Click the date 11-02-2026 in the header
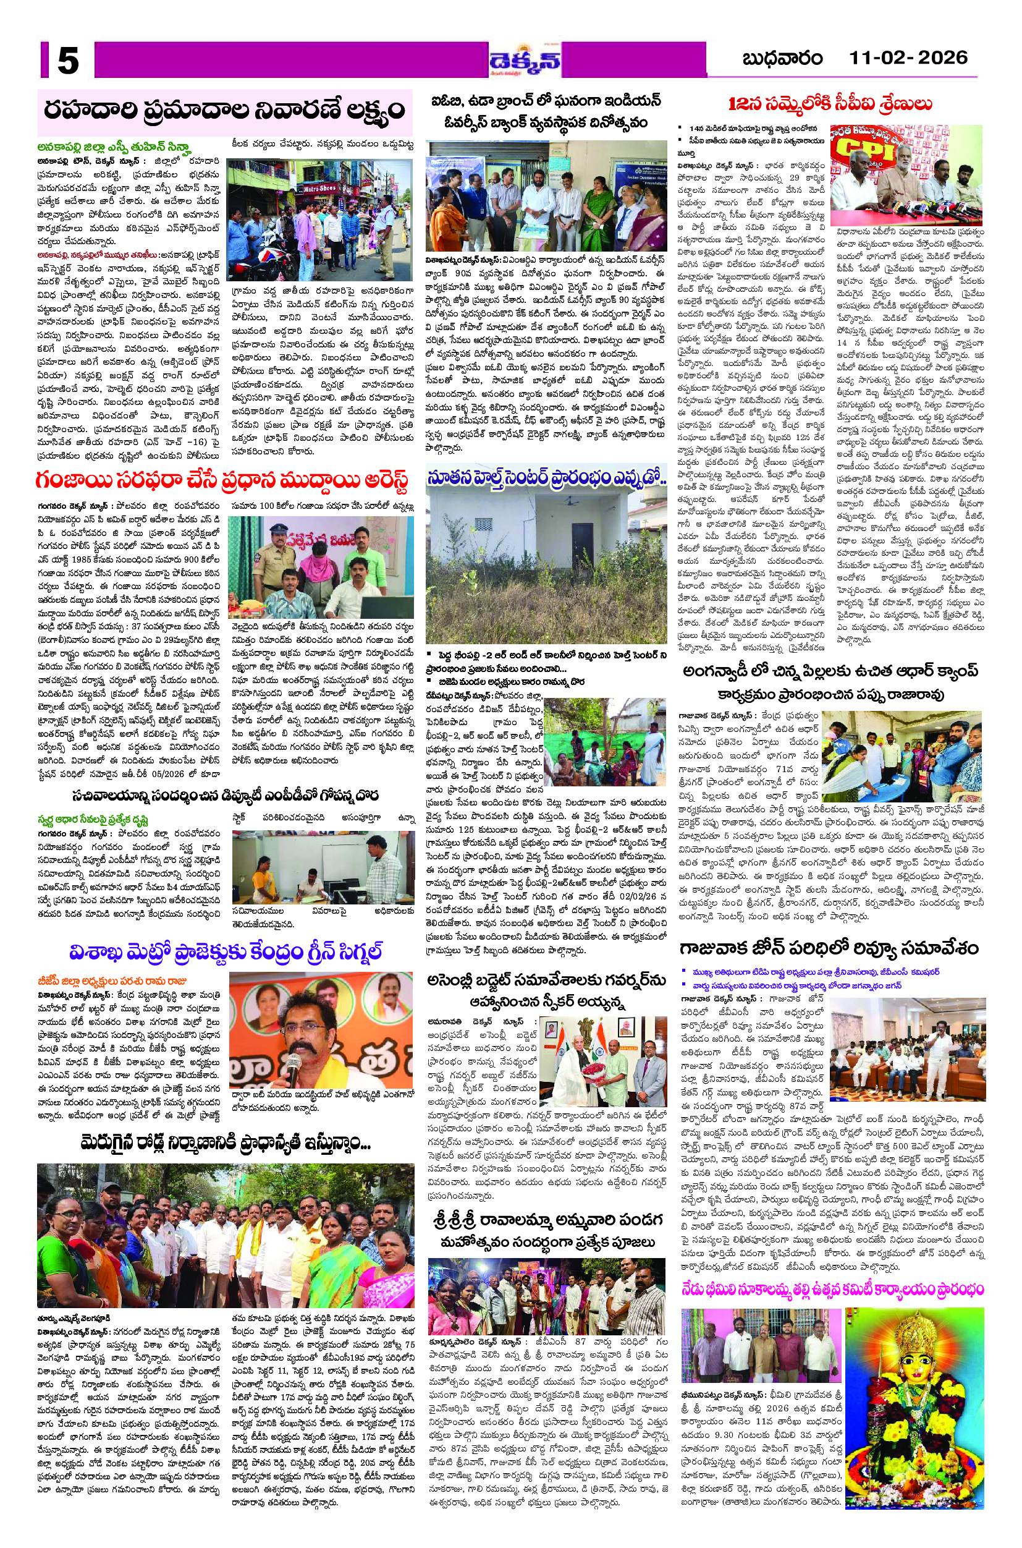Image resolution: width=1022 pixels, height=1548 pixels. (907, 58)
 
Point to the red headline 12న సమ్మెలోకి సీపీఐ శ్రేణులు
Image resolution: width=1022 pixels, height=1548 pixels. (830, 104)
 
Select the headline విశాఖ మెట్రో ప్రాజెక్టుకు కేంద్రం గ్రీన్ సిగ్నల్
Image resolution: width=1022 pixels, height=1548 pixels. (225, 952)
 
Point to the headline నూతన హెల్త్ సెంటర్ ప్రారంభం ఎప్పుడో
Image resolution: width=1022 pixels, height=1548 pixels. (546, 479)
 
